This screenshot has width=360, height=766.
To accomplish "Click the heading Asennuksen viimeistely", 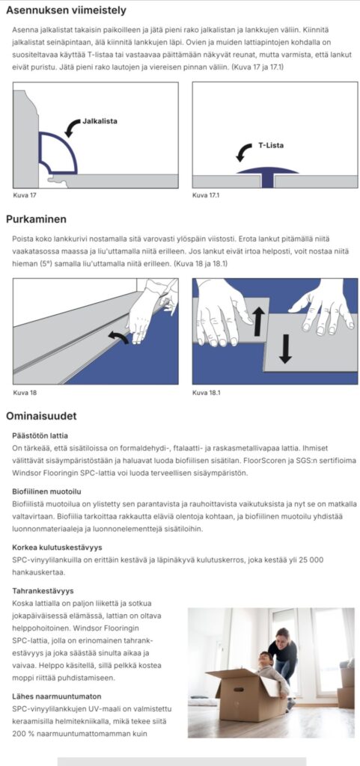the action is click(x=66, y=10).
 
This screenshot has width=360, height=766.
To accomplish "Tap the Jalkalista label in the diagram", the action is click(x=100, y=120).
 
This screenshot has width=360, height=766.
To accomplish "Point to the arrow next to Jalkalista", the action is click(x=73, y=126).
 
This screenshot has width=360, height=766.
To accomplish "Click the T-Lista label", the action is click(x=271, y=145).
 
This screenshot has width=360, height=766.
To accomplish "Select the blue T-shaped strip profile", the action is click(x=267, y=176).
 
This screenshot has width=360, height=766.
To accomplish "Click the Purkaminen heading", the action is click(x=36, y=219).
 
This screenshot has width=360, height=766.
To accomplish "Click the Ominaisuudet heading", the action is click(x=41, y=416).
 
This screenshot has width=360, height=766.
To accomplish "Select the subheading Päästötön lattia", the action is click(x=40, y=435).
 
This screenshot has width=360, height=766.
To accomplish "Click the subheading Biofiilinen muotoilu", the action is click(x=46, y=491).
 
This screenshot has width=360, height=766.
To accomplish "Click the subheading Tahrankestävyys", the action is click(x=43, y=591).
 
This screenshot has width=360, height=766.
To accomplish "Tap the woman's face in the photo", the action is click(x=282, y=637).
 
